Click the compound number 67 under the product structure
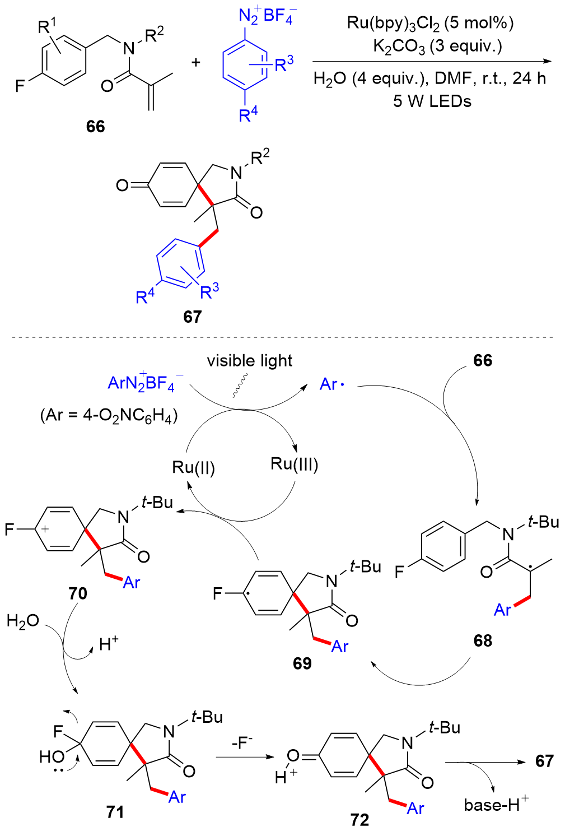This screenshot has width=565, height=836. (192, 317)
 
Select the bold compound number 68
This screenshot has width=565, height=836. (483, 640)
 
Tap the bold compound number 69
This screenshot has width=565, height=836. (302, 663)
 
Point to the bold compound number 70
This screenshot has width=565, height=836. (78, 593)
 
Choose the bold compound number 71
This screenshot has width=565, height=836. (115, 812)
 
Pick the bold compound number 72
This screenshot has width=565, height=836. (359, 820)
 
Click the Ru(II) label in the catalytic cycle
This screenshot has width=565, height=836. (194, 467)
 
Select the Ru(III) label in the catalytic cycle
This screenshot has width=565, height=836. (294, 464)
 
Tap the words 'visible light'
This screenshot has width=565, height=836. (249, 361)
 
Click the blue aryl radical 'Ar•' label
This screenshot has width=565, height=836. (332, 384)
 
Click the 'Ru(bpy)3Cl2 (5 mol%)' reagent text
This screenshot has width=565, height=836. (430, 23)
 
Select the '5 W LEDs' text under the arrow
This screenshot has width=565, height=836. (432, 101)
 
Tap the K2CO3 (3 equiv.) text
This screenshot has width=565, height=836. (437, 47)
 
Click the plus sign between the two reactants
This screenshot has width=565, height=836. (195, 62)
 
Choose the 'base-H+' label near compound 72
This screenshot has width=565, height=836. (496, 805)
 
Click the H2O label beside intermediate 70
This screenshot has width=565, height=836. (22, 621)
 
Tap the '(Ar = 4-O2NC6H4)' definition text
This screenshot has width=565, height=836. (109, 416)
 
